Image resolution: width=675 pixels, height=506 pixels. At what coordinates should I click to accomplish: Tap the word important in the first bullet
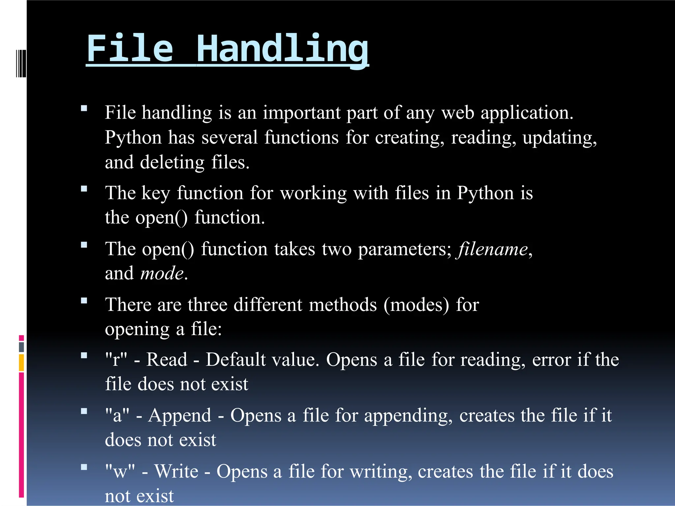point(301,113)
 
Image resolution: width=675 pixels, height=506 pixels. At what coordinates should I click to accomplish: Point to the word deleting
point(172,163)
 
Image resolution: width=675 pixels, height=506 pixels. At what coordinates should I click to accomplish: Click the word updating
point(559,138)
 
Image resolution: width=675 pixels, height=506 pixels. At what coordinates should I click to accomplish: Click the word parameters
point(405,249)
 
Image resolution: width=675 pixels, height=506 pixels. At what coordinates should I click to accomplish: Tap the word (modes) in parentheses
point(416,305)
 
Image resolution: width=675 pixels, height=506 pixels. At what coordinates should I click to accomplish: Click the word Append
point(180,416)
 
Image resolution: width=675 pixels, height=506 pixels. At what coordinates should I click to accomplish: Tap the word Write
point(176,471)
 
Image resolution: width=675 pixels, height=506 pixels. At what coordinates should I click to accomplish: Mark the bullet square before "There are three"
point(84,300)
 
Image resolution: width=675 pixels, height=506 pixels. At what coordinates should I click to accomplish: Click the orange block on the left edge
point(21,362)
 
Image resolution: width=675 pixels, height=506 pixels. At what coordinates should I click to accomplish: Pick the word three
point(207,305)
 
